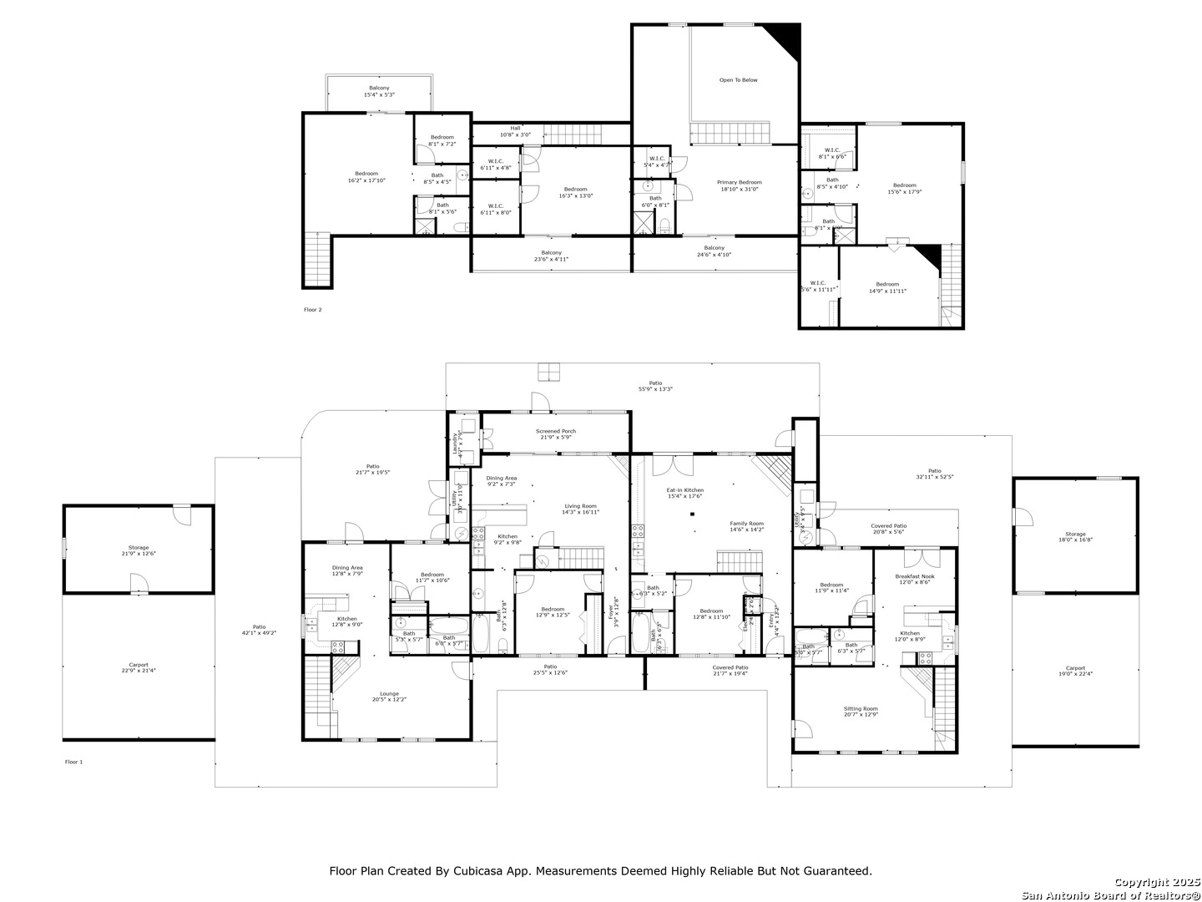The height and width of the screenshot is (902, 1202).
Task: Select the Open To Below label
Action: coord(738,80)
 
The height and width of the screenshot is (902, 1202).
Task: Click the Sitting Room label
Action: coord(861,711)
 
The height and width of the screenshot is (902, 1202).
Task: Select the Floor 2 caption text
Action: coord(312,310)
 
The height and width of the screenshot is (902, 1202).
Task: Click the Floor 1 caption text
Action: coord(73,762)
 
